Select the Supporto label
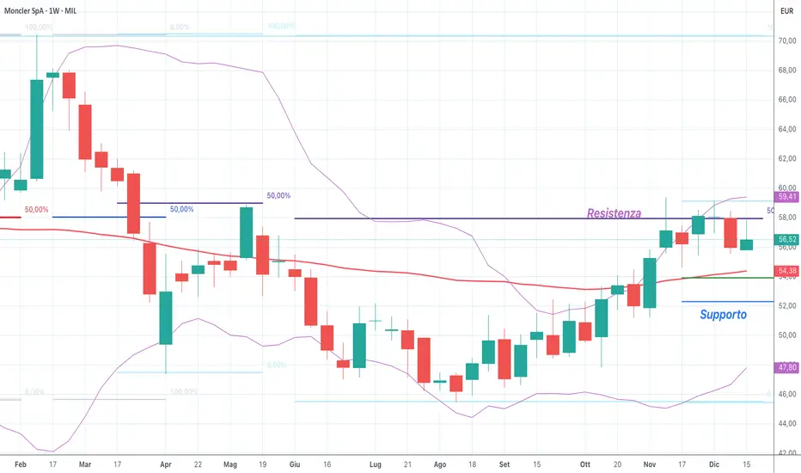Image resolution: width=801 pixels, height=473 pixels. [x=723, y=315]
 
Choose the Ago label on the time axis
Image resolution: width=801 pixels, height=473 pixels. [x=440, y=465]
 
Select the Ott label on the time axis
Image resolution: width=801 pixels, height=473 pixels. [x=585, y=465]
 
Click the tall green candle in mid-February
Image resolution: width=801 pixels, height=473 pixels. [x=37, y=130]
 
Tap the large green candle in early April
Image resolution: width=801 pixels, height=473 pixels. [x=166, y=317]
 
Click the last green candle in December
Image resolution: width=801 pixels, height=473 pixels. [x=746, y=245]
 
